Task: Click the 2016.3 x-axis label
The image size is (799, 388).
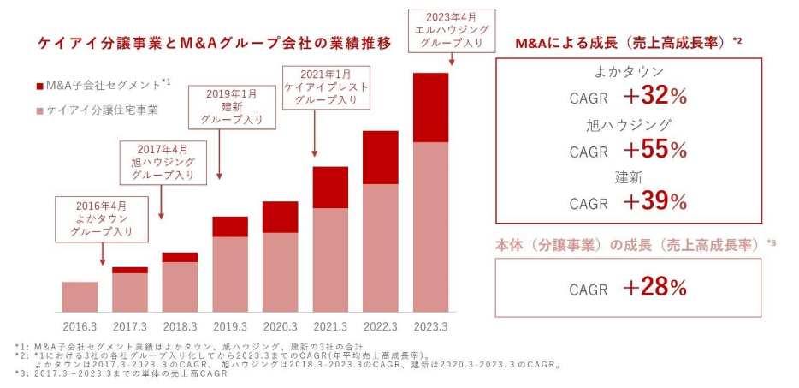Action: [x=80, y=326]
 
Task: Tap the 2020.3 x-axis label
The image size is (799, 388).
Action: [x=280, y=326]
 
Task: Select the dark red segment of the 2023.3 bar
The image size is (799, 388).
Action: [x=430, y=107]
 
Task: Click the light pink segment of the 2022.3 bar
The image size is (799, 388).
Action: [x=380, y=248]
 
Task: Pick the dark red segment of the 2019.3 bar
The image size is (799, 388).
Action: [x=229, y=226]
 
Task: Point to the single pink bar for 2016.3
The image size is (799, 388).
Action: [x=80, y=296]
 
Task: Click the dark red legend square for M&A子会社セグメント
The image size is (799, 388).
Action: [x=40, y=87]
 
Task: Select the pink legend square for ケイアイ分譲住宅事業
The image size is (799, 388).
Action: [x=40, y=110]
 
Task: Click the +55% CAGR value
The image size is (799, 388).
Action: [x=655, y=150]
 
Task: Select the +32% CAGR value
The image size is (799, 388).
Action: [x=655, y=98]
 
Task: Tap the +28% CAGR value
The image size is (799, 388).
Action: [x=655, y=288]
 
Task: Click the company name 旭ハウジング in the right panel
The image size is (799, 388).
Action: [x=628, y=125]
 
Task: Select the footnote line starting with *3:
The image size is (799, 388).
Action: [x=121, y=374]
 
